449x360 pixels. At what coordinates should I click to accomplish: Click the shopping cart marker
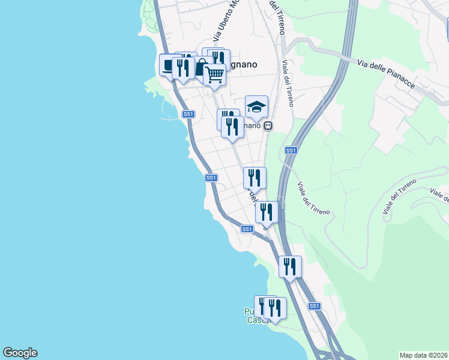point(214,74)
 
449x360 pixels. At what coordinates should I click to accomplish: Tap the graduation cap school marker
point(256,107)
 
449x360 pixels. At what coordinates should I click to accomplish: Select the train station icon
point(268,126)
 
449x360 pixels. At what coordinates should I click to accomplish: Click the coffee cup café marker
point(169,65)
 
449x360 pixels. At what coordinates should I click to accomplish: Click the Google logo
point(20,353)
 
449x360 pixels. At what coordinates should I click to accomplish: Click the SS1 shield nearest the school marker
point(291,150)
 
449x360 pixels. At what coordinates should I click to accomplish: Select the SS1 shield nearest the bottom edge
point(314,306)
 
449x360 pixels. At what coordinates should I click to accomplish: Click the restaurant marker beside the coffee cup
point(182,67)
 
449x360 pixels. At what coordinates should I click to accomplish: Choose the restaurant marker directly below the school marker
point(232,127)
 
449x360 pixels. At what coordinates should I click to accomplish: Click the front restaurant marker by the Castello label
point(275,308)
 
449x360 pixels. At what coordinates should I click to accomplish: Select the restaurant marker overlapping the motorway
point(290,266)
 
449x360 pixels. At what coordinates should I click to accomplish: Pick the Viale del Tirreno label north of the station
point(286,84)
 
